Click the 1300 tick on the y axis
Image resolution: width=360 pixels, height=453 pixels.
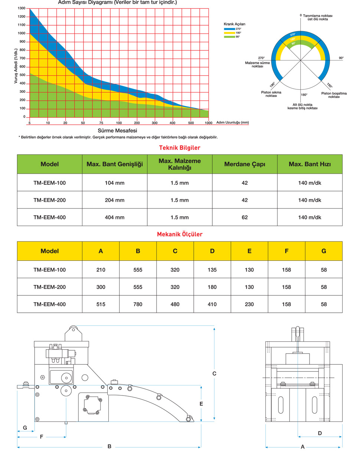point(22,8)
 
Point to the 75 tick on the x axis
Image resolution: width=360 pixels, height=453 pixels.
point(101,123)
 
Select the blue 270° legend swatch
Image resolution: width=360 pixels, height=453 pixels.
point(229,29)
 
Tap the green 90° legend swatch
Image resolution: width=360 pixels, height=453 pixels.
point(229,37)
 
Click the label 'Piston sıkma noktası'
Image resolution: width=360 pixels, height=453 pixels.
point(271,94)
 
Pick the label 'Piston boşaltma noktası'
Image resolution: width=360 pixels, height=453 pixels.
point(334,95)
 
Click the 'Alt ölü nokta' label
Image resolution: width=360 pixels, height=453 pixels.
point(302,105)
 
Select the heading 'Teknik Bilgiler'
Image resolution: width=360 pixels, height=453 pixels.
point(180,148)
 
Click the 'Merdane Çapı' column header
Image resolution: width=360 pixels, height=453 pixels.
point(245,164)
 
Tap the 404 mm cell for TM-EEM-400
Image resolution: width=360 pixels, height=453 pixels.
point(115,217)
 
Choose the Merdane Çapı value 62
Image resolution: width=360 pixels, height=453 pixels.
point(245,217)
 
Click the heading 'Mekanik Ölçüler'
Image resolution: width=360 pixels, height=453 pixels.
point(180,234)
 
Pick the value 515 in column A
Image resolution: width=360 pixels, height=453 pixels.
point(101,304)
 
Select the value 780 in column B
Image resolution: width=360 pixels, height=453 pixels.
point(138,304)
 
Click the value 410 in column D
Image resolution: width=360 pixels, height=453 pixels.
point(212,304)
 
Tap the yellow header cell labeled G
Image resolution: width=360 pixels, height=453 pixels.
point(324,251)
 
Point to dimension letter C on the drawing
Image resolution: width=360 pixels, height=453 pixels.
point(214,374)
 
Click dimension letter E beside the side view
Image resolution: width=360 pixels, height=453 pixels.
point(201,404)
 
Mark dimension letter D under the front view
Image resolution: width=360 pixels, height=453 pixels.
point(320,433)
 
